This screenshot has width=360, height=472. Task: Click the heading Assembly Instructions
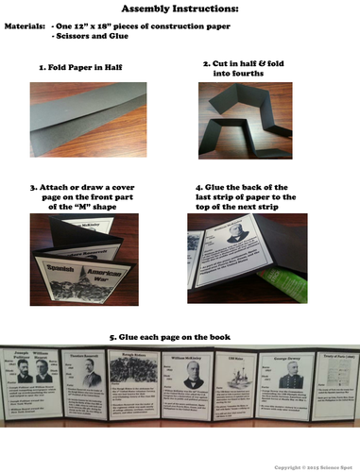(x=180, y=9)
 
